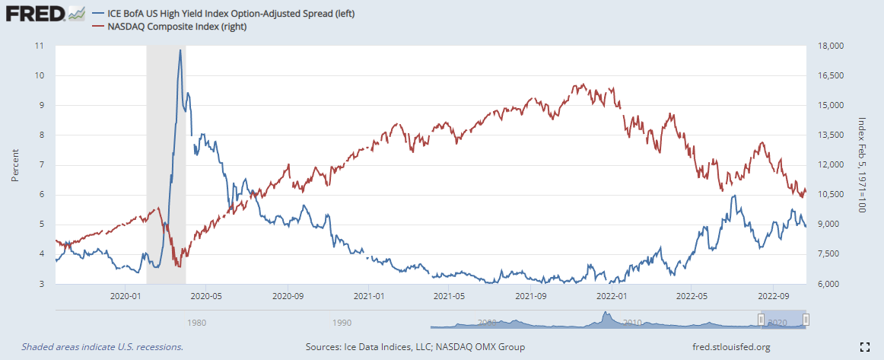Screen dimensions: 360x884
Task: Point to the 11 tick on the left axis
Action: click(40, 46)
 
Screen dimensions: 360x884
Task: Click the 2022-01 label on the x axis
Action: click(612, 295)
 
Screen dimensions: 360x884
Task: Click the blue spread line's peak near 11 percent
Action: click(180, 50)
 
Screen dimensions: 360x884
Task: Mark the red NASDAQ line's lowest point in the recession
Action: click(178, 266)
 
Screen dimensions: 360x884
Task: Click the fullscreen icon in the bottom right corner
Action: click(864, 347)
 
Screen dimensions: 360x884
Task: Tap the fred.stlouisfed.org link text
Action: click(731, 347)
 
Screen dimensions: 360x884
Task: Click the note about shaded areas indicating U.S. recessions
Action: click(102, 347)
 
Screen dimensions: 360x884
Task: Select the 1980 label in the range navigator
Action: click(196, 322)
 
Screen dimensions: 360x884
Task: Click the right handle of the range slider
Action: click(806, 320)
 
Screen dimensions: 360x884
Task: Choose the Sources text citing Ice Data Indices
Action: click(415, 347)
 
